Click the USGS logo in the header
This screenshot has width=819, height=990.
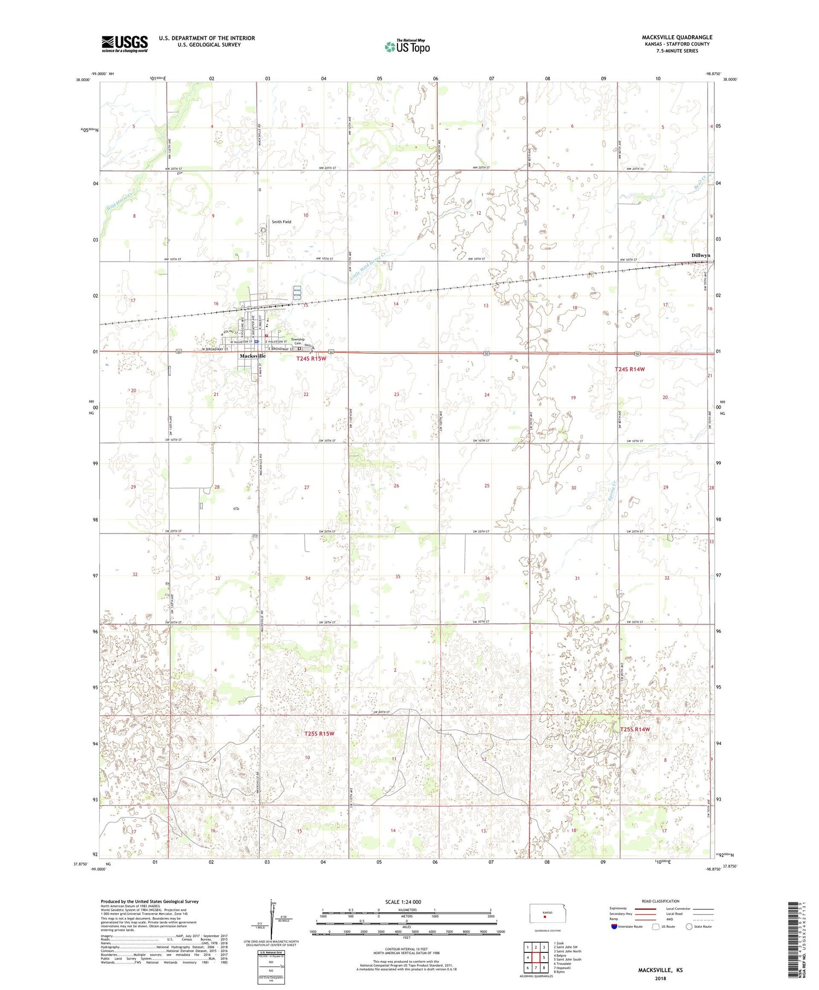point(124,44)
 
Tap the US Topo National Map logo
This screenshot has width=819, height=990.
point(407,46)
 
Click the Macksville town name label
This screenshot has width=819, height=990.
point(253,356)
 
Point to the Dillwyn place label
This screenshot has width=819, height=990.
point(701,255)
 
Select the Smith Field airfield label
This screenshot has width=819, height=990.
point(281,222)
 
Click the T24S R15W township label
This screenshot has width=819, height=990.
point(311,359)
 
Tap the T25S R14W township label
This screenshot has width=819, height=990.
point(636,730)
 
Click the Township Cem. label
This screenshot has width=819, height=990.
point(298,341)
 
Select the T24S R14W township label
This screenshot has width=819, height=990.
point(630,369)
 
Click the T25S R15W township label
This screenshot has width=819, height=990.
point(319,733)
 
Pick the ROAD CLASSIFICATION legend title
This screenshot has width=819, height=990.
point(661,901)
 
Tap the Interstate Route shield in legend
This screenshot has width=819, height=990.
point(615,927)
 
